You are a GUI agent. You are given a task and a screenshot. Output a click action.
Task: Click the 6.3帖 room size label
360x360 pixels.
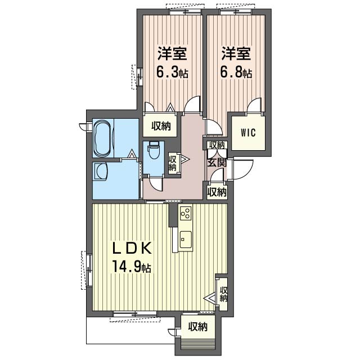172,73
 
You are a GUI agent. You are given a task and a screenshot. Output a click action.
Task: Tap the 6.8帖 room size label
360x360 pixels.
236,73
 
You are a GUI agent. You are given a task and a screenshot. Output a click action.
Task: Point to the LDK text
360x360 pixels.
132,248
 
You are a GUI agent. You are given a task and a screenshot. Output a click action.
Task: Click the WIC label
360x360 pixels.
248,133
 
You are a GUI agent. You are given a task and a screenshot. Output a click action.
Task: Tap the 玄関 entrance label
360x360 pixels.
217,163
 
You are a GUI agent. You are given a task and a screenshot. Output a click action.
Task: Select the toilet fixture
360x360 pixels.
154,152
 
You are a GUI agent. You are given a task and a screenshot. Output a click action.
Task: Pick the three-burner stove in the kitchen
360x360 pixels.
186,213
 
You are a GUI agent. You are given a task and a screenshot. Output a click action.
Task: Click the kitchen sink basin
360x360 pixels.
186,240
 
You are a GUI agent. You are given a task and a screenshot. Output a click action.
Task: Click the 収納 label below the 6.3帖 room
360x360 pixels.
161,126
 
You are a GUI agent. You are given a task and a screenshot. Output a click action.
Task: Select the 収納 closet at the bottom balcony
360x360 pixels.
198,326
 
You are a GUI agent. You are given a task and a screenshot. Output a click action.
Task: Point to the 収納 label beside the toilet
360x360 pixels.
173,163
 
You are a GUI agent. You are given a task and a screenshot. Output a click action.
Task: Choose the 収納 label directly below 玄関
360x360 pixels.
217,192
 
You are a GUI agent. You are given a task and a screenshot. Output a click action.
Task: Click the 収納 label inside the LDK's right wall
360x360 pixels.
223,294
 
